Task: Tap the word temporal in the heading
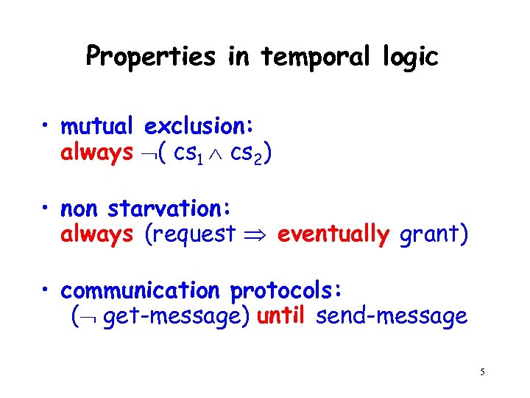[317, 57]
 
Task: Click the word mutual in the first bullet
[100, 127]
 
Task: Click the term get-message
[177, 317]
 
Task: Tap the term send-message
[391, 317]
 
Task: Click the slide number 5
[482, 372]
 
